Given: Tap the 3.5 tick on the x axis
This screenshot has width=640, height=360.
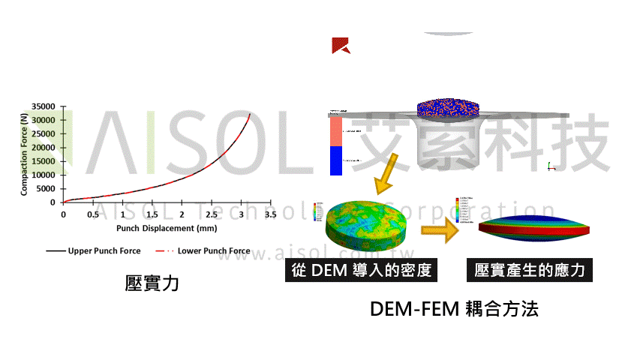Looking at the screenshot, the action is tap(270, 214).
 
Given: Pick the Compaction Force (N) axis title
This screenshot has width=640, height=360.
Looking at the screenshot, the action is tap(25, 154).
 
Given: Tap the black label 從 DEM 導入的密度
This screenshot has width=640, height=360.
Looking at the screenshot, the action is tap(361, 270).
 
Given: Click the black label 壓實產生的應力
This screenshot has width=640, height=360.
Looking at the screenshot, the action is tap(530, 270).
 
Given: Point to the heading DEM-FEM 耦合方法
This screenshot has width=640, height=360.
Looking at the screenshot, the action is tap(454, 309).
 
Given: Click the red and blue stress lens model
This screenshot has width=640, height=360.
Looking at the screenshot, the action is tap(534, 229).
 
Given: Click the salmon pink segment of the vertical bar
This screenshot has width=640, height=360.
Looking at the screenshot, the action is tap(335, 132).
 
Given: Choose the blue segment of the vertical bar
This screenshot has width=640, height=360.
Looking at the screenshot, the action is tap(335, 160).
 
